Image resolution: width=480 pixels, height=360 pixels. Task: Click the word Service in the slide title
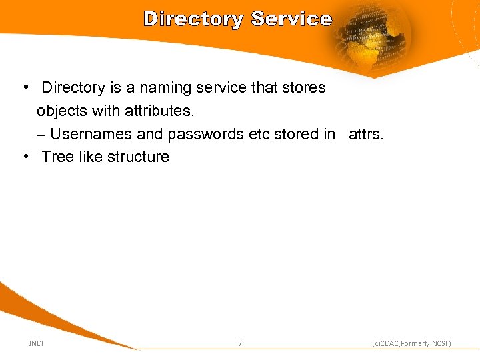291,19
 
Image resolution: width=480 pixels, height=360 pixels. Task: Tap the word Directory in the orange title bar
193,19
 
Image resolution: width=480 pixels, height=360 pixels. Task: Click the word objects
61,111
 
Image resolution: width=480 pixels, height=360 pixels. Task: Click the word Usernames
91,134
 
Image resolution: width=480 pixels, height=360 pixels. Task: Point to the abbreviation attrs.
366,134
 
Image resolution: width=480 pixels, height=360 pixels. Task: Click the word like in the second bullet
88,157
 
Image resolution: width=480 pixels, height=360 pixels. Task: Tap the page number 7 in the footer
240,343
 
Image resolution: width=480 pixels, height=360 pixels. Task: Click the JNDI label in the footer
36,343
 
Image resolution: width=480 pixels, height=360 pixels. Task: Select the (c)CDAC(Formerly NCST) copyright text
411,343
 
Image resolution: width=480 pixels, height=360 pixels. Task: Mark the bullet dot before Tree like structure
25,157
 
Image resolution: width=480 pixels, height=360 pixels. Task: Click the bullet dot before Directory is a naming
25,87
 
